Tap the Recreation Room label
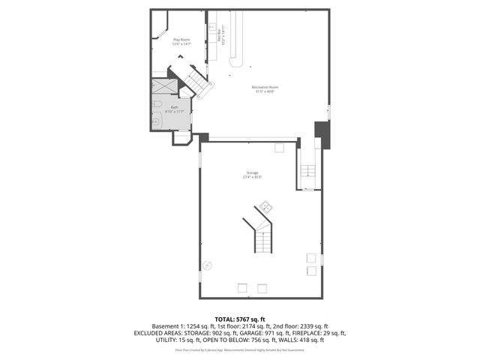point(265,87)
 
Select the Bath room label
point(174,106)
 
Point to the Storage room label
point(252,172)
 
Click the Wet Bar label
point(219,35)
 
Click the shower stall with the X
point(166,87)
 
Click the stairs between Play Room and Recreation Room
point(196,81)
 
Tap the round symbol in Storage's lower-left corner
point(208,264)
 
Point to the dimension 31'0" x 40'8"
point(265,91)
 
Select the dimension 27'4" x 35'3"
point(252,177)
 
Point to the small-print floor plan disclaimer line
point(240,349)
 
